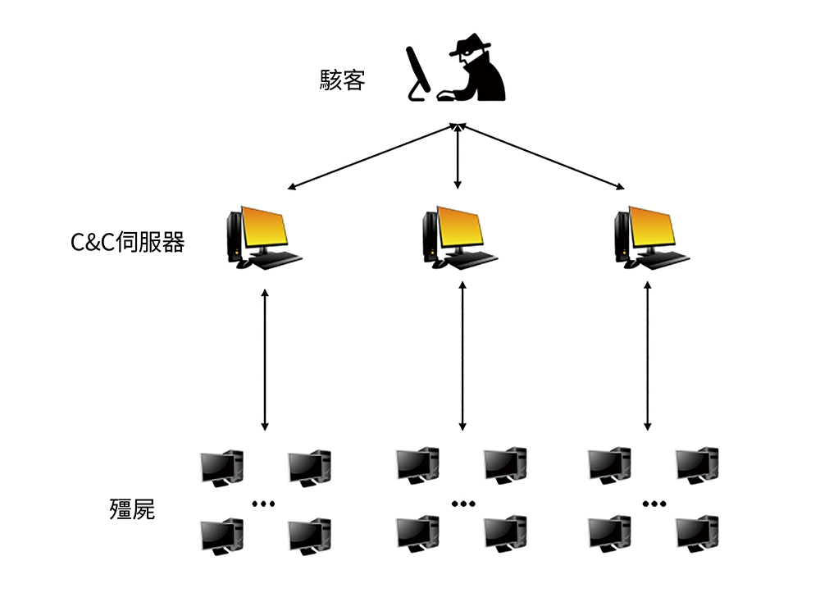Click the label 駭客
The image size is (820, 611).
point(342,80)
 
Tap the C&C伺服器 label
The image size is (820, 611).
point(128,242)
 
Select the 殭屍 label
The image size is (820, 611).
point(132,509)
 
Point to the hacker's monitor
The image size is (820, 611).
point(418,73)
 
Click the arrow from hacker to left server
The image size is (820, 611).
point(372,157)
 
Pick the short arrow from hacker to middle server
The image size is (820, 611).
point(458,156)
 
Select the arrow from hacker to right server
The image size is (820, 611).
point(541,157)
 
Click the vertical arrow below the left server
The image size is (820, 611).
point(265,359)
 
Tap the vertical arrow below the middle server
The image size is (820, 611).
point(462,356)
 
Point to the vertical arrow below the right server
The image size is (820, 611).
point(648,356)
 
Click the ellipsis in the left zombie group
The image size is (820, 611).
point(263,504)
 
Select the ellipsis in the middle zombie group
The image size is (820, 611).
point(463,504)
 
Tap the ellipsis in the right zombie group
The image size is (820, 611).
point(654,504)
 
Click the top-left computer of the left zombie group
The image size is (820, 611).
point(222,467)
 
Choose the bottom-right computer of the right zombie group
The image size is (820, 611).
point(697,533)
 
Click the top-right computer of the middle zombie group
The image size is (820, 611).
point(505,465)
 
